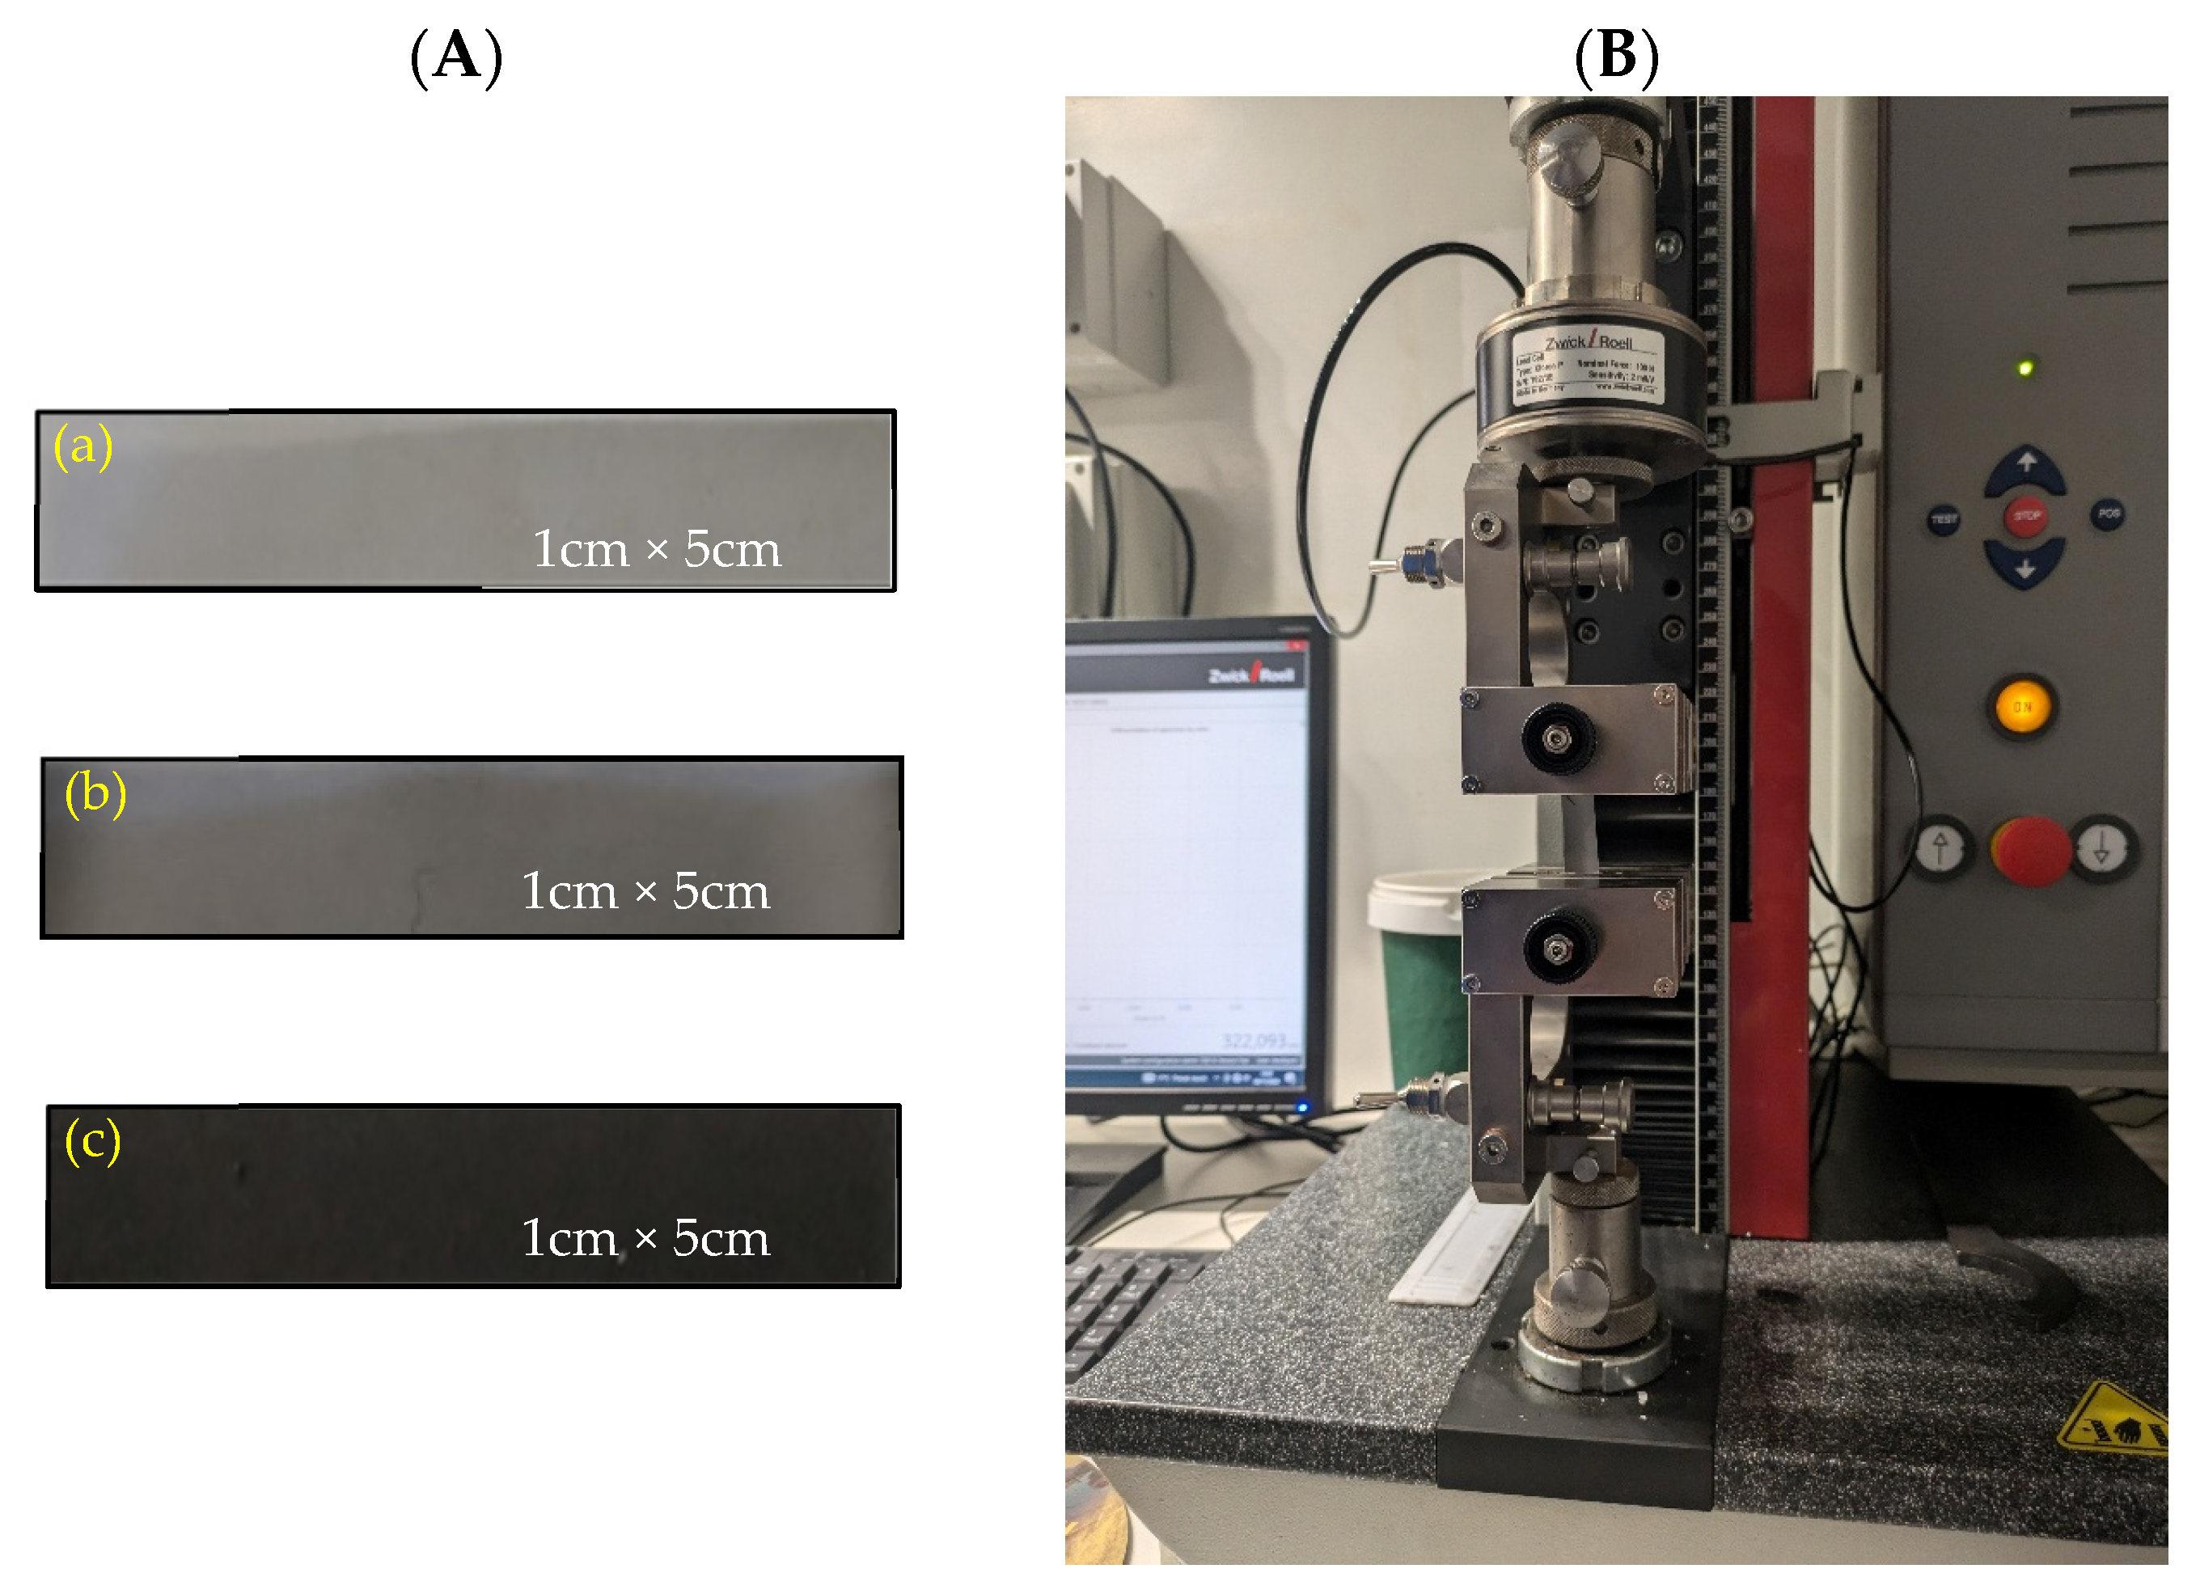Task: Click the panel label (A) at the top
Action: pos(456,57)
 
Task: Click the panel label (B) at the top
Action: pos(1616,57)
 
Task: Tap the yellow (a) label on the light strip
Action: pos(83,446)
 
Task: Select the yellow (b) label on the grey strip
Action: pos(95,793)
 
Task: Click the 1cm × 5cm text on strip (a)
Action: pos(656,549)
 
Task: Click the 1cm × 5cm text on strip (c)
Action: pos(645,1238)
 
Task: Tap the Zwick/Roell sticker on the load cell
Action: pos(1589,365)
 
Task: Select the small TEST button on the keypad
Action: pos(1944,519)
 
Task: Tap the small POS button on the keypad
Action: pos(2108,514)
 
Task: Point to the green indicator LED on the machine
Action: pos(2025,368)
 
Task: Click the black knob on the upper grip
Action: pos(1557,739)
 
